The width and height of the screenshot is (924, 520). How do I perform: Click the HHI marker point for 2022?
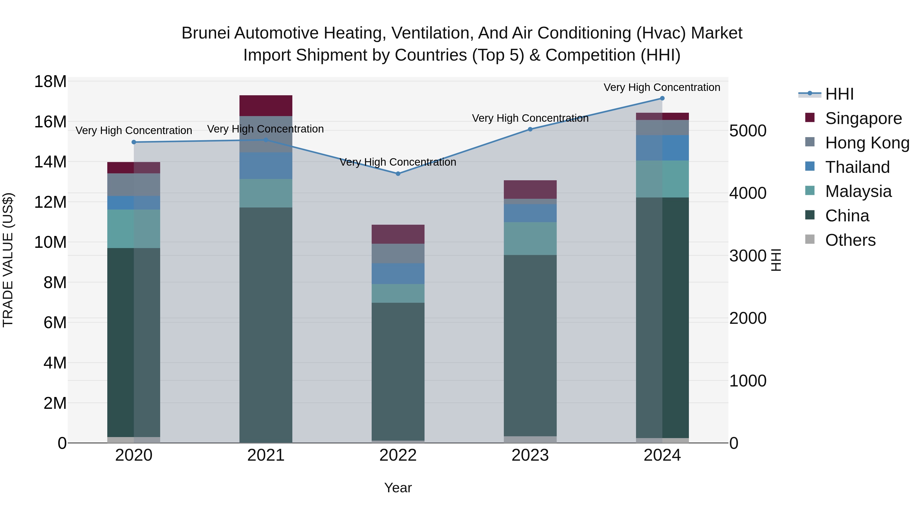click(x=398, y=174)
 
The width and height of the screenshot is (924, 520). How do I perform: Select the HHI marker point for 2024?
click(x=662, y=98)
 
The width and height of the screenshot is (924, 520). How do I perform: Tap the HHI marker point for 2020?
click(x=134, y=142)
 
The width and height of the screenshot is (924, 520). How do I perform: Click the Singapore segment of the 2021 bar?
click(x=266, y=106)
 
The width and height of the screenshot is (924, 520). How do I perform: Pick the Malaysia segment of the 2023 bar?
click(x=530, y=238)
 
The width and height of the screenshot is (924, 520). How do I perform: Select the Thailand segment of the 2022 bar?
click(x=398, y=273)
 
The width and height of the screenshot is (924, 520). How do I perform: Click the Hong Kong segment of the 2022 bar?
click(x=398, y=253)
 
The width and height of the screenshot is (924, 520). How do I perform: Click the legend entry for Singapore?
click(x=863, y=118)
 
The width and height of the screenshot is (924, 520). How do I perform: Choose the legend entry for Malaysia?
click(x=858, y=191)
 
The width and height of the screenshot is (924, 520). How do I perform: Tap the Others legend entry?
click(x=850, y=240)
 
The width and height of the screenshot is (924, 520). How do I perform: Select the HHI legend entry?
click(x=839, y=94)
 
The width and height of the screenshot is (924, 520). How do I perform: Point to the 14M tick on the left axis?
click(x=50, y=162)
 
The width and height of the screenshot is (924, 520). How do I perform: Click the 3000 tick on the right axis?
click(x=748, y=256)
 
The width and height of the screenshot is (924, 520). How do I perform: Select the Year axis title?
click(x=398, y=488)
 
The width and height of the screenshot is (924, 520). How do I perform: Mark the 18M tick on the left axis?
click(x=50, y=81)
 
